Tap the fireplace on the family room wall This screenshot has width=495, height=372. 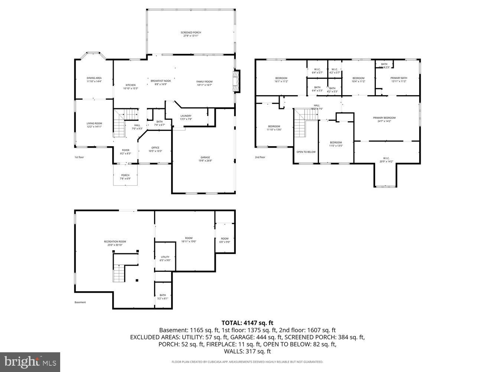pos(236,81)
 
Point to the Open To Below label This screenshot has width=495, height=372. pos(306,152)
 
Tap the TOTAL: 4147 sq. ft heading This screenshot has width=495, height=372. pos(247,323)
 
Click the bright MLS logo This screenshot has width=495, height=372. pos(30,362)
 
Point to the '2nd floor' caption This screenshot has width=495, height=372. pos(260,157)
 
